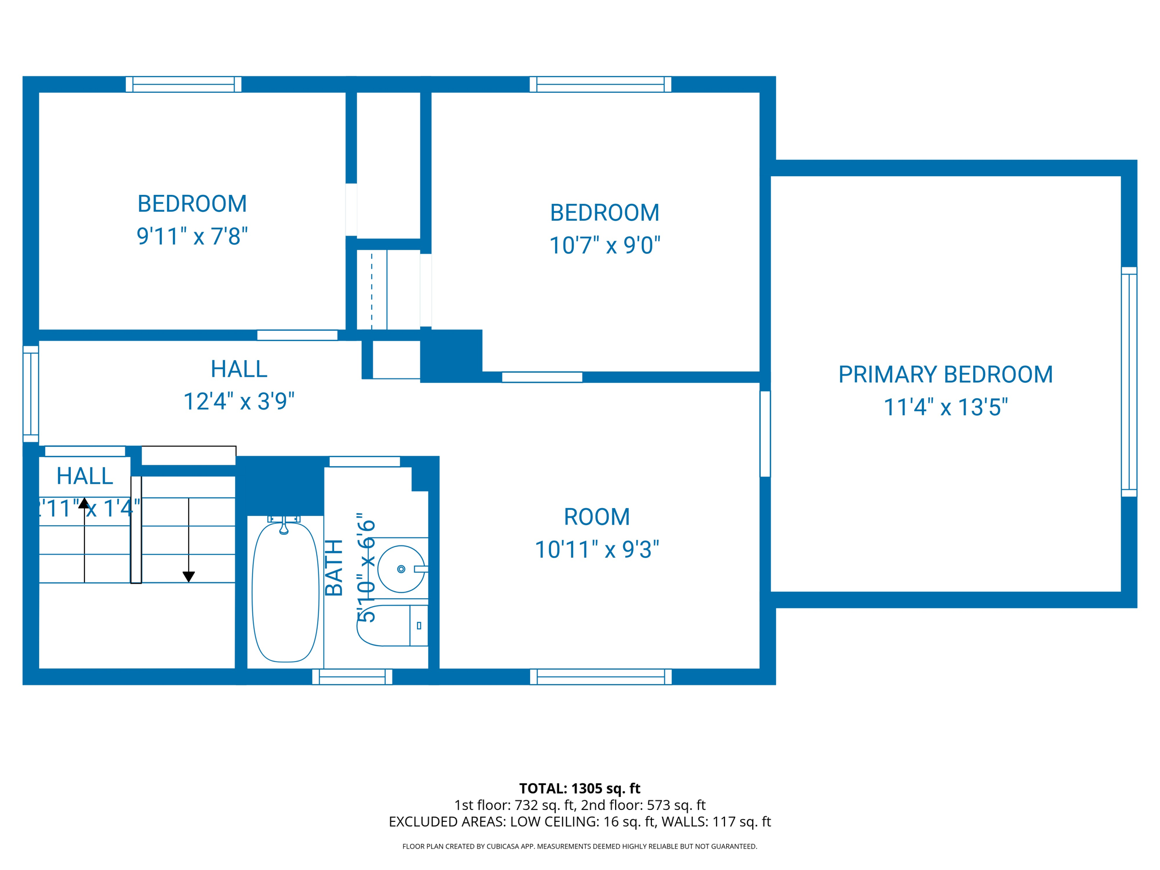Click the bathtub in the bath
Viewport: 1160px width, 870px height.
(285, 592)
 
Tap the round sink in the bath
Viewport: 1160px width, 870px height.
(401, 569)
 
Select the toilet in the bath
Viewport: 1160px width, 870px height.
(391, 626)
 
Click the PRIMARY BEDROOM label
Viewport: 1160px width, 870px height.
(945, 374)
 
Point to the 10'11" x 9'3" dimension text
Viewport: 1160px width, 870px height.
(597, 549)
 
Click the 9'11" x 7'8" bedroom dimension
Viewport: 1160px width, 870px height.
(192, 236)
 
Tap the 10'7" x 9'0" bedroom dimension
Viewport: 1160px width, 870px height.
(605, 245)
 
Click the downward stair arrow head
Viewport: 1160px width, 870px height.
(189, 577)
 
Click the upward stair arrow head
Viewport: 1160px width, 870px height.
(84, 503)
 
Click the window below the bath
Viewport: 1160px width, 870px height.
(352, 676)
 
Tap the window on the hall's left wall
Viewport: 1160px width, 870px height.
(31, 394)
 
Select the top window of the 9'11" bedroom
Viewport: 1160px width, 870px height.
(184, 84)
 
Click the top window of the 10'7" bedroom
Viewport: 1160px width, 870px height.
(600, 84)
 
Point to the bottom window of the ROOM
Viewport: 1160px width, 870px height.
(600, 676)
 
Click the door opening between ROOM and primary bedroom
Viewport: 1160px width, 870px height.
(765, 433)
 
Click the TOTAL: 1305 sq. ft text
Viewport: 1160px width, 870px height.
(579, 788)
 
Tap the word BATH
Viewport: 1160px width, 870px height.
(334, 568)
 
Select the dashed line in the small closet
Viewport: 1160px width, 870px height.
(372, 290)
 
